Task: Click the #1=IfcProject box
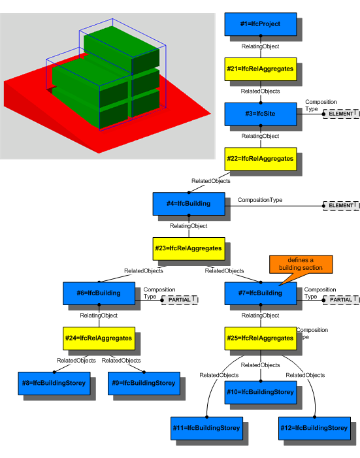point(260,24)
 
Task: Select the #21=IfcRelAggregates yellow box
point(260,68)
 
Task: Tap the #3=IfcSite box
point(260,113)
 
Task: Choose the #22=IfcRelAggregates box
point(260,158)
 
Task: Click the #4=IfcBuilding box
point(188,203)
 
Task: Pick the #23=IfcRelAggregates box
point(188,248)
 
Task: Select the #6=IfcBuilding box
point(98,293)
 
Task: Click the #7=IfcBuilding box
point(260,293)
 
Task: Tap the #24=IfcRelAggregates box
point(98,338)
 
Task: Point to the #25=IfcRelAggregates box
point(260,338)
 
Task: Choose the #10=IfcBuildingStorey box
point(260,392)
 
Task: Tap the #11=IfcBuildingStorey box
point(206,428)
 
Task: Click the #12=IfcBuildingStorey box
point(314,428)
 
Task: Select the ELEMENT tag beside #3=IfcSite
point(342,114)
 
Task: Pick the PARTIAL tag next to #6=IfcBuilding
point(180,299)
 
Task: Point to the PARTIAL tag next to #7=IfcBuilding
point(342,299)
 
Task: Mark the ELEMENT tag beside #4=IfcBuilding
point(342,205)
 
